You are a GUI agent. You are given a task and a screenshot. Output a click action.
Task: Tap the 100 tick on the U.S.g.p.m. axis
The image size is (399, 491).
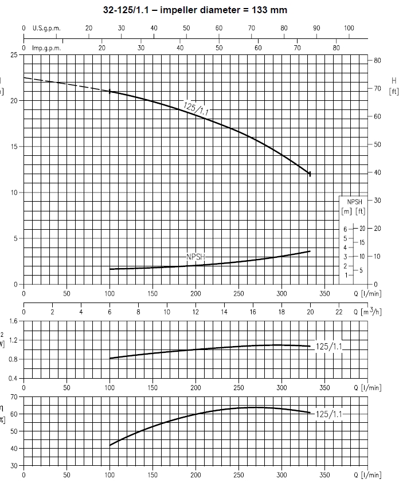[349, 28]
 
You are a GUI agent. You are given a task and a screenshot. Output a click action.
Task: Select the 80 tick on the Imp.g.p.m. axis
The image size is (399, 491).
[336, 48]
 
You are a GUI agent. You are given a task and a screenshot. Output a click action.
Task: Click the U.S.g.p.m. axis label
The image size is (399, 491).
[46, 28]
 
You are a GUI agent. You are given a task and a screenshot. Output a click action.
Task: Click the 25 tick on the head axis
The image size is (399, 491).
[13, 55]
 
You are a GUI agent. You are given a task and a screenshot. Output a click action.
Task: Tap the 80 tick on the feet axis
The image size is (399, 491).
[377, 61]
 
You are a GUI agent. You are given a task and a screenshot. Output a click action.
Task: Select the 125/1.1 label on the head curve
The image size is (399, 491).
[196, 109]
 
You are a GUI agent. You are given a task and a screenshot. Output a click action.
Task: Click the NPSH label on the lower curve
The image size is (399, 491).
[195, 257]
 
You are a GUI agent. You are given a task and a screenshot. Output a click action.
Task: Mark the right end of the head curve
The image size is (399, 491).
[310, 173]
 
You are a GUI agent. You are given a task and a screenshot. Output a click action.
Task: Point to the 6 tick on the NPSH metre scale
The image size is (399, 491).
[345, 229]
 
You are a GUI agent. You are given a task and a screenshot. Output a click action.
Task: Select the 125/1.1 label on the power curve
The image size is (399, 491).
[330, 346]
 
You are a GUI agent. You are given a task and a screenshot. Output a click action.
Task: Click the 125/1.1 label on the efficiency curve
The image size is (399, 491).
[330, 414]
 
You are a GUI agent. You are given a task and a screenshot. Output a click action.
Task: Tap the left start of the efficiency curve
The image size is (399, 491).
[110, 445]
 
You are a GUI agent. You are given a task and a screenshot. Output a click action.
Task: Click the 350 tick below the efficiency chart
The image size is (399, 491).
[324, 475]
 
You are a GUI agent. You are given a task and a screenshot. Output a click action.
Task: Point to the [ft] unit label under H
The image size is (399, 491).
[393, 91]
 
